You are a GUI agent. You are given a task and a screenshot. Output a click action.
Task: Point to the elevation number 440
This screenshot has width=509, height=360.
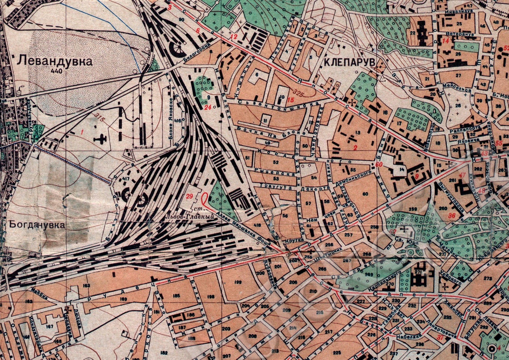pyautogui.click(x=56, y=71)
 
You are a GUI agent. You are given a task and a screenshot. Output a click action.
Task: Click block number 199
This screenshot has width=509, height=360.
pyautogui.click(x=237, y=282)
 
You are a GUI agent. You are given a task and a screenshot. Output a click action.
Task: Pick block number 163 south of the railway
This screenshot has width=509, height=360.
pyautogui.click(x=87, y=285)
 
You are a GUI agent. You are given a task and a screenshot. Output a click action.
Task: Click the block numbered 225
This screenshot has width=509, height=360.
pyautogui.click(x=337, y=353)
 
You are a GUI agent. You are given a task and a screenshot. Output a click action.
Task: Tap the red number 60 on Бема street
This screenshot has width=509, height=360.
pyautogui.click(x=380, y=165)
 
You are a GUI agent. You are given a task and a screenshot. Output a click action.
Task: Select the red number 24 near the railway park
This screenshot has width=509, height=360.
pyautogui.click(x=207, y=107)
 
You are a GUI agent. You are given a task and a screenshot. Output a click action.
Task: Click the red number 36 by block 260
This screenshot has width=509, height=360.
pyautogui.click(x=452, y=215)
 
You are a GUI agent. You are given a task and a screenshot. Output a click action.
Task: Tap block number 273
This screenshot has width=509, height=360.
pyautogui.click(x=487, y=278)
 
